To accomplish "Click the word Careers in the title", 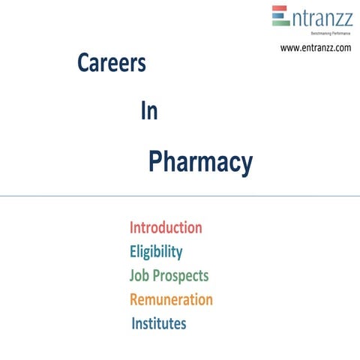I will [111, 64].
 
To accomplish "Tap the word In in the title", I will [148, 111].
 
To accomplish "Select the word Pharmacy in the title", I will [200, 161].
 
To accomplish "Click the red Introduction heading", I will [166, 227].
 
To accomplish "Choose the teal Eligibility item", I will [156, 251].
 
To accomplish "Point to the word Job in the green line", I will [139, 275].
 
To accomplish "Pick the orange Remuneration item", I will [171, 299].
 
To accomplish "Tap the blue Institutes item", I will [159, 323].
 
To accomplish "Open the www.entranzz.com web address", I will [315, 47].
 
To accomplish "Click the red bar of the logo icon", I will [279, 10].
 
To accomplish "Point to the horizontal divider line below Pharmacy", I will [180, 196].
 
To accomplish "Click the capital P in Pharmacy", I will [155, 161].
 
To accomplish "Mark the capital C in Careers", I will [83, 64].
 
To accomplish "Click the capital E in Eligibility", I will [133, 251].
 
